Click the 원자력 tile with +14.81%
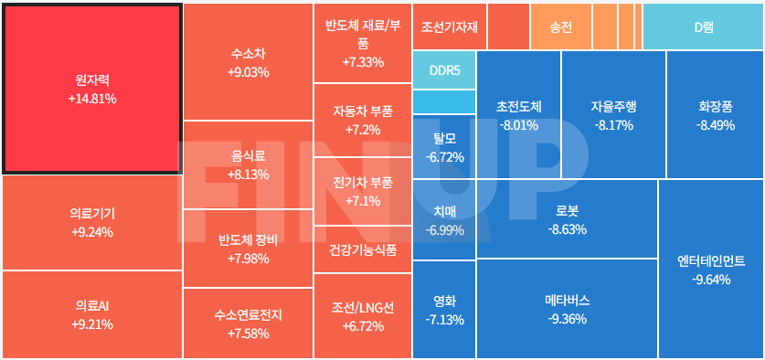91,89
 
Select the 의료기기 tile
91,222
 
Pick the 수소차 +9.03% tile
248,62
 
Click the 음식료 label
248,156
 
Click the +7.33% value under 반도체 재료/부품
363,62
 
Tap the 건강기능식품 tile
363,249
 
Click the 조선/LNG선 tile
363,316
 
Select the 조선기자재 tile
450,27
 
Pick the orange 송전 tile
561,27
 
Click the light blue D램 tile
703,27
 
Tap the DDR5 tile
444,70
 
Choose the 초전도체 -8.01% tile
518,115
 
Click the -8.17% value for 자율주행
613,125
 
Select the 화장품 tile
716,115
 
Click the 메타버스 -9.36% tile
567,309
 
